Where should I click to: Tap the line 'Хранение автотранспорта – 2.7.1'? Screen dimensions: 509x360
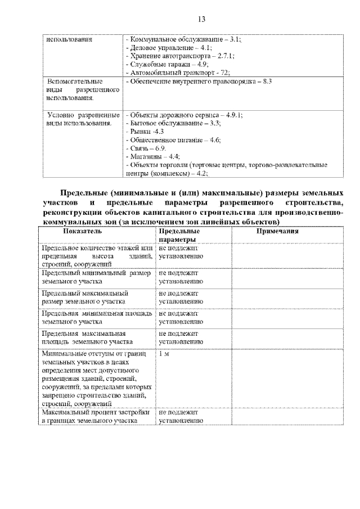pyautogui.click(x=181, y=57)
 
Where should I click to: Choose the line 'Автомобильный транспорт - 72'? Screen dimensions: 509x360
pyautogui.click(x=179, y=73)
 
